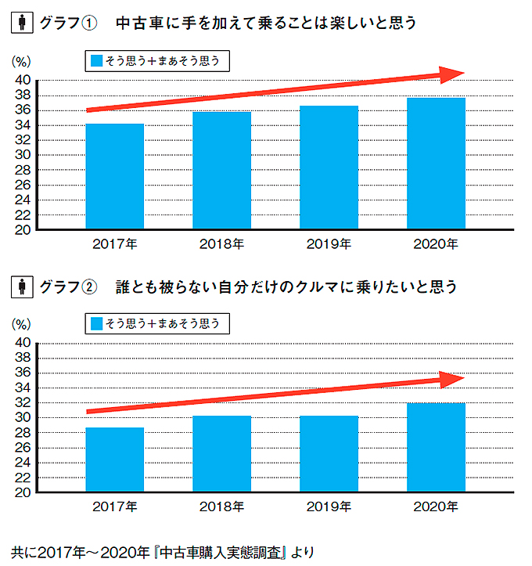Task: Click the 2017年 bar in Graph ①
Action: [115, 177]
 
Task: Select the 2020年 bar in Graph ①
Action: [437, 164]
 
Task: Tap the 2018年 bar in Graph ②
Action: [222, 454]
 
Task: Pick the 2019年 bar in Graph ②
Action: [329, 454]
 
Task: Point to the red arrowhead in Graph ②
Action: [451, 380]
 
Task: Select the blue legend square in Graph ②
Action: [96, 323]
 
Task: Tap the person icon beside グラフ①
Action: [21, 23]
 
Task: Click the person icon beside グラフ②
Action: [21, 287]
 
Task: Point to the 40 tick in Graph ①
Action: [23, 81]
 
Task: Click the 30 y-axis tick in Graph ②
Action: [23, 418]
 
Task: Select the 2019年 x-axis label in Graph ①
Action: [329, 244]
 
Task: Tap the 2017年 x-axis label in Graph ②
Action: [115, 507]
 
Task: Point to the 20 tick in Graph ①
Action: [23, 230]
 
